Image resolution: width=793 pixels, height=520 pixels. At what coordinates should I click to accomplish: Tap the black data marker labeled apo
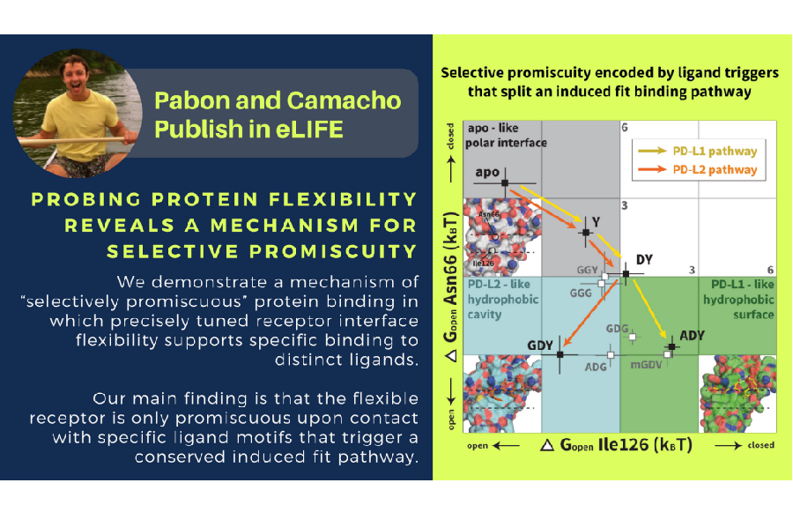[505, 182]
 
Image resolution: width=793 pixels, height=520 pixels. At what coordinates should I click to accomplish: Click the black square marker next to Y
[584, 232]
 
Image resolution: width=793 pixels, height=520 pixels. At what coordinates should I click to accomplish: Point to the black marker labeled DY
[626, 273]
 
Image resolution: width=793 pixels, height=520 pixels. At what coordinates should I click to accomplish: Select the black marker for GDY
[560, 353]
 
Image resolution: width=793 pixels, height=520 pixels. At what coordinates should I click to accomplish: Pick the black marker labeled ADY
[671, 347]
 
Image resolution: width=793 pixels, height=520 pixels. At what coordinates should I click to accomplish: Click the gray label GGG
[580, 293]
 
